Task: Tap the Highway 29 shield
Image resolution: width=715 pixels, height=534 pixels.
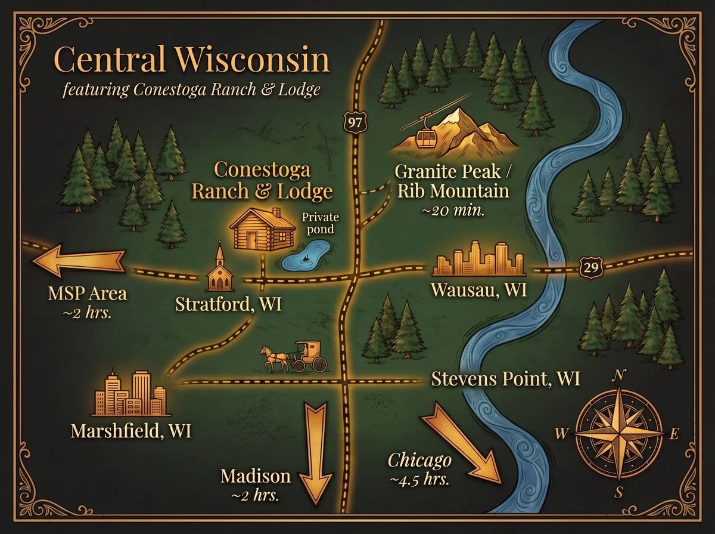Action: coord(589,267)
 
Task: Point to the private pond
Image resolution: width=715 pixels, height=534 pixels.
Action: coord(305,255)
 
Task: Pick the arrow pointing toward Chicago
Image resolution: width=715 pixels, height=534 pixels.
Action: coord(468,442)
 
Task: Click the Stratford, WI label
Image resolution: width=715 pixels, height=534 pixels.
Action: coord(228,304)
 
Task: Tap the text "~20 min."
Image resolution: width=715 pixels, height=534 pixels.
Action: coord(452,211)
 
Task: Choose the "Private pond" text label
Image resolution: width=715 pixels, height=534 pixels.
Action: coord(316,222)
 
